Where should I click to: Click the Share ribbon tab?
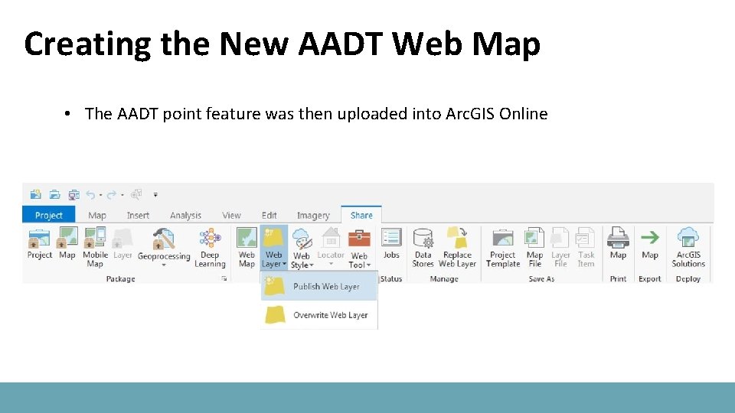[x=361, y=215]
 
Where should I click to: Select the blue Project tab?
[x=48, y=215]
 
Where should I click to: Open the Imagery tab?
[x=313, y=216]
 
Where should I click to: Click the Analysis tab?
[x=185, y=216]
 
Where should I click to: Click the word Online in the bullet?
[x=523, y=114]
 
